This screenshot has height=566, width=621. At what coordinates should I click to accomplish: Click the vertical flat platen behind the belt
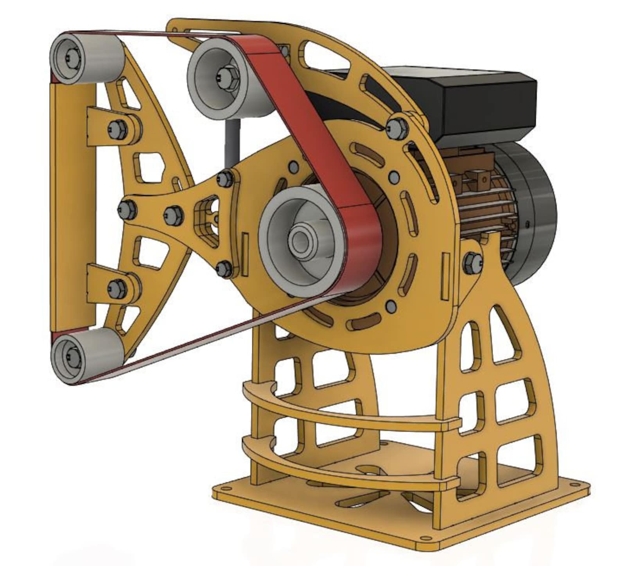pyautogui.click(x=73, y=203)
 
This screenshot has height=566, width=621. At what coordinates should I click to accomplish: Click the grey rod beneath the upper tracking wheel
pyautogui.click(x=231, y=141)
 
